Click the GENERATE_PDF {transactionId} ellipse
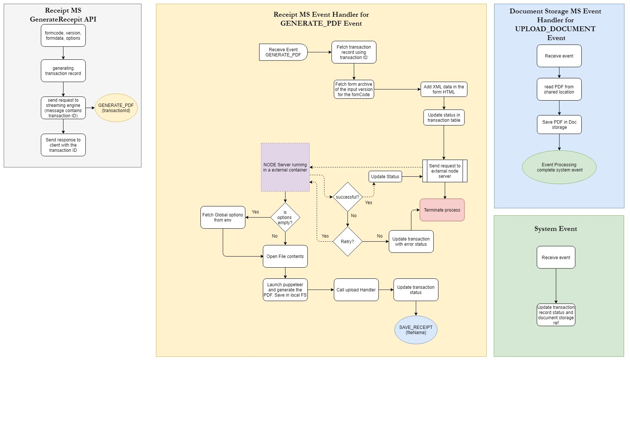click(x=116, y=108)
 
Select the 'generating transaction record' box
click(x=63, y=71)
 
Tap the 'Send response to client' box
click(x=63, y=145)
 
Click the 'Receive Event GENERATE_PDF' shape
click(x=283, y=52)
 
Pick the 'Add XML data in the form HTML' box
click(x=444, y=89)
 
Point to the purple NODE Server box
click(x=285, y=167)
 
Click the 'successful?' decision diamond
click(x=347, y=197)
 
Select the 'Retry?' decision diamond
click(x=347, y=241)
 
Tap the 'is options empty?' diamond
click(x=285, y=217)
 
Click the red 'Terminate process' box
click(x=442, y=210)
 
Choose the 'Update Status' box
click(x=385, y=176)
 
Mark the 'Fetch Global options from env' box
click(x=223, y=217)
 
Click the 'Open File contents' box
click(x=285, y=256)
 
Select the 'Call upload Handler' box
click(x=356, y=290)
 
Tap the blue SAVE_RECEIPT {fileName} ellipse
click(x=416, y=330)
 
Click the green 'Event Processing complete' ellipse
click(x=559, y=167)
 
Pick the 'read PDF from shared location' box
click(x=559, y=89)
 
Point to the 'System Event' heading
click(x=556, y=229)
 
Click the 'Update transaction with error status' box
click(x=411, y=241)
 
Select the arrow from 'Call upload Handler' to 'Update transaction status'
click(x=386, y=290)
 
